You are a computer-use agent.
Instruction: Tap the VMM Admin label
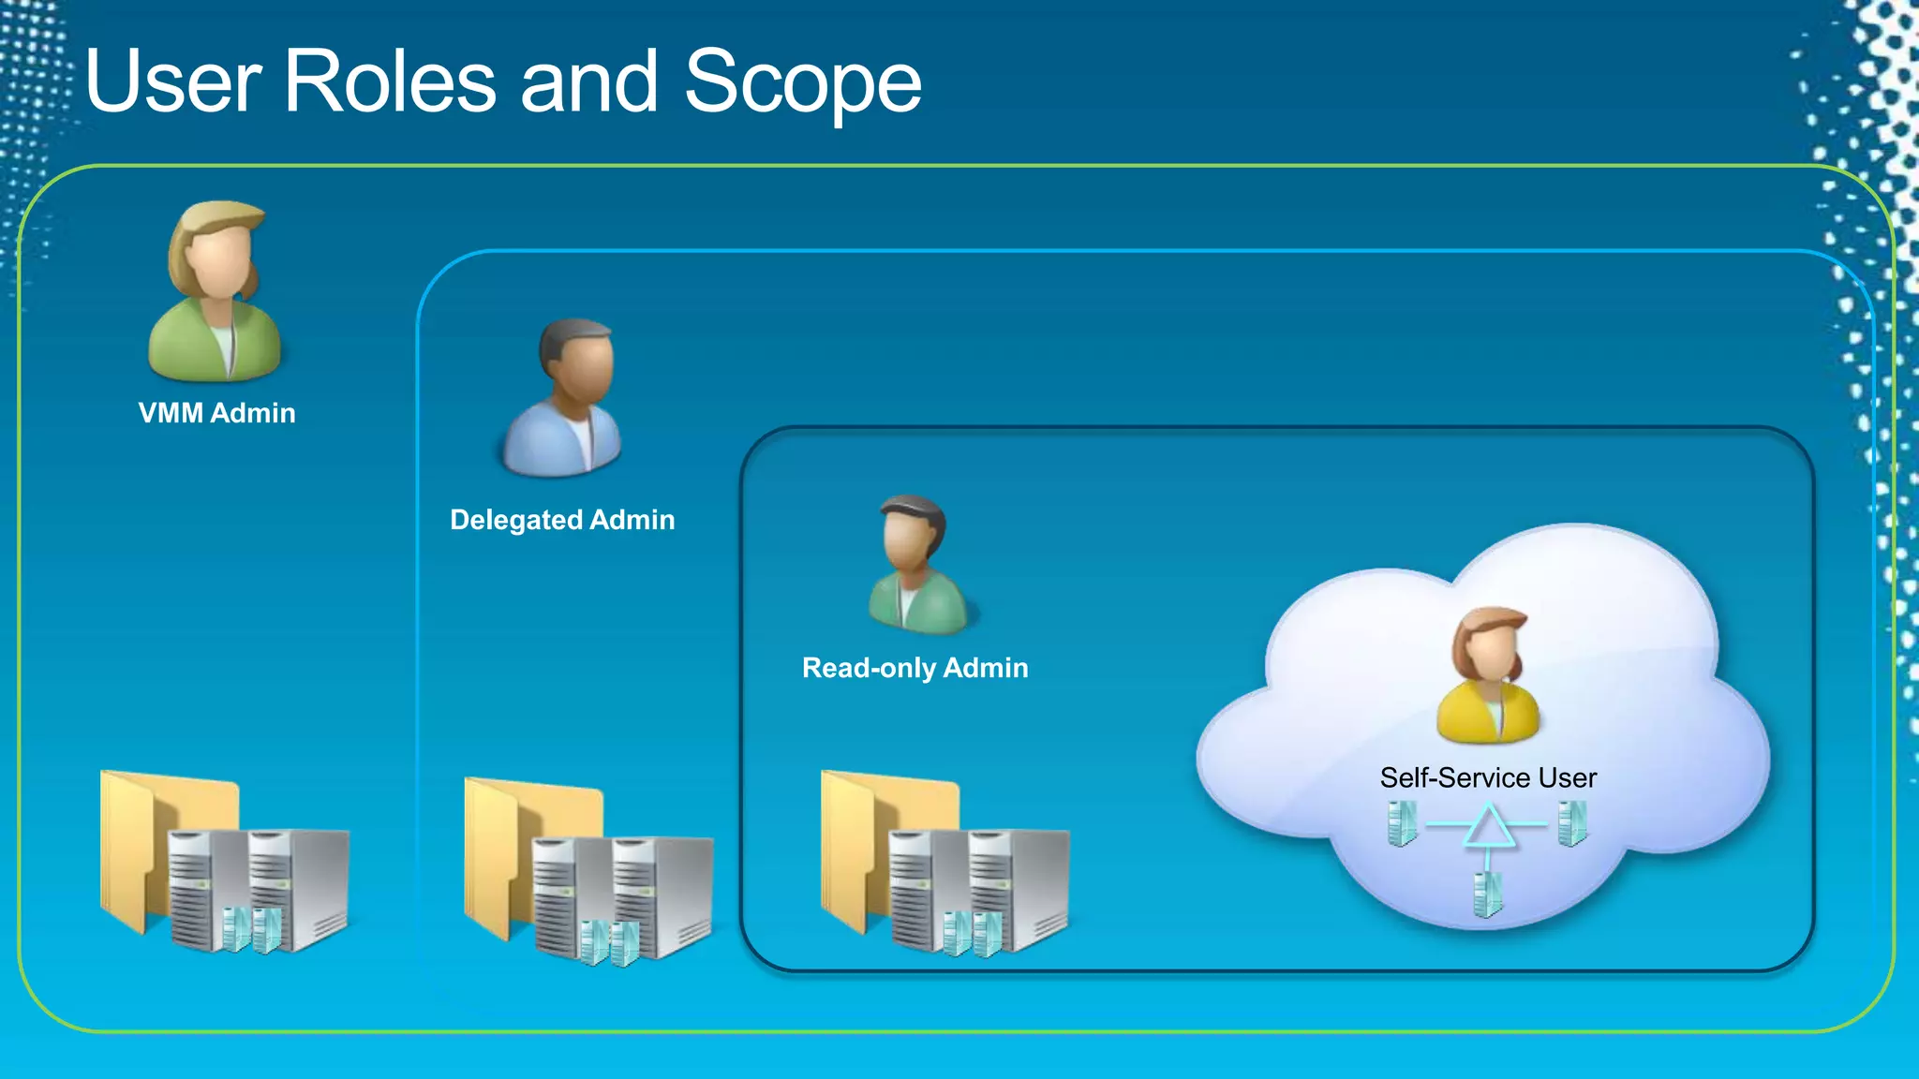click(x=216, y=413)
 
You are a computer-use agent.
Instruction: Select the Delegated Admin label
click(x=562, y=520)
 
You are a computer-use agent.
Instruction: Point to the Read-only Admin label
click(x=915, y=668)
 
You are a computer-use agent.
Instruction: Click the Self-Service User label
click(x=1488, y=777)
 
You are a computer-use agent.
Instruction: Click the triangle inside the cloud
click(x=1487, y=827)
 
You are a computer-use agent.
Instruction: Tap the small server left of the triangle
click(x=1402, y=823)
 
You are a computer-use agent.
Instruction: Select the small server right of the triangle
click(x=1572, y=822)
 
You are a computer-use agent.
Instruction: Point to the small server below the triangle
click(x=1487, y=894)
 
